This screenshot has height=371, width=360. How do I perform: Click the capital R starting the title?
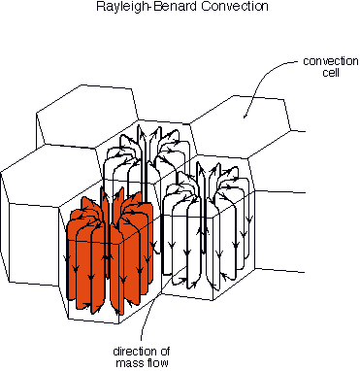tap(101, 6)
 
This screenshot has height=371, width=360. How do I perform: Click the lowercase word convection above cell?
tap(331, 61)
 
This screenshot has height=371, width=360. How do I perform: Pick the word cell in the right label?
tap(331, 72)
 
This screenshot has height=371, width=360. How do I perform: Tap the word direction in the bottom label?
tap(132, 352)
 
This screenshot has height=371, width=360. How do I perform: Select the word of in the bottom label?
tap(160, 352)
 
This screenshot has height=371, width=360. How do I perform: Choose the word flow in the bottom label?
tap(157, 362)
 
